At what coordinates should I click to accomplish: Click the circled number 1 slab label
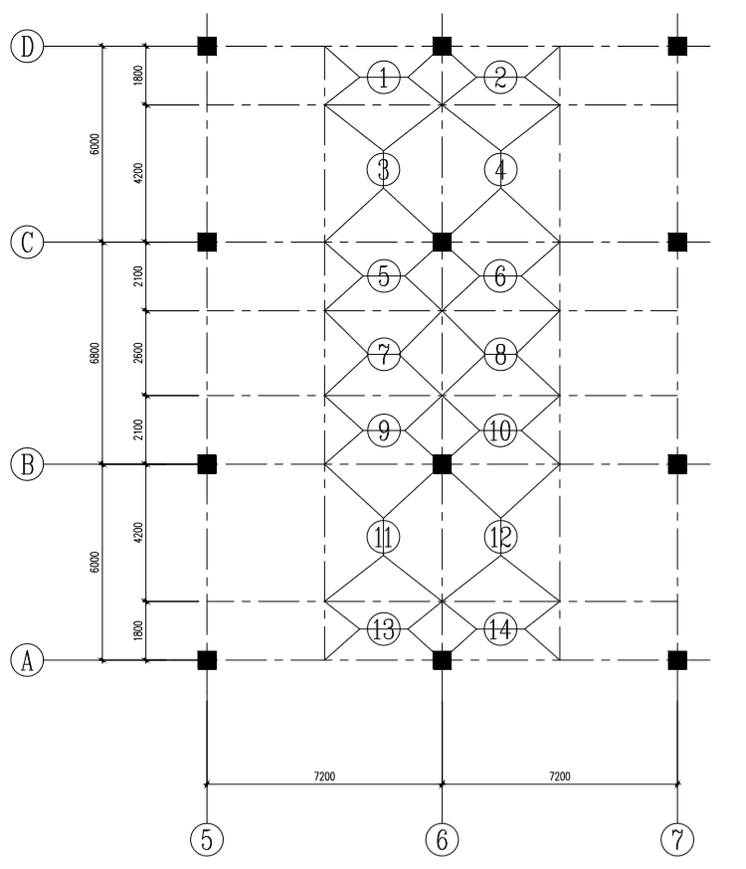383,76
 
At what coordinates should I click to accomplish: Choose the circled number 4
500,170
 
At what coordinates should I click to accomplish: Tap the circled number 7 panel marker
383,353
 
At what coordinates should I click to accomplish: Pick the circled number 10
500,431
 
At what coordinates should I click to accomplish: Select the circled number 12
500,537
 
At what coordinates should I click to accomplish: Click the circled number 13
383,627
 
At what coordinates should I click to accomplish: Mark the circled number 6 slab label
500,276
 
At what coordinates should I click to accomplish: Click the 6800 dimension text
94,353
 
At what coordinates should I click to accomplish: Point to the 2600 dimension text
138,353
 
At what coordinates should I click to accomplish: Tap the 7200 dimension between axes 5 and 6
323,775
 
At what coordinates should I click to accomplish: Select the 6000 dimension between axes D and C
94,144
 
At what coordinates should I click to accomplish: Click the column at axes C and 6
443,242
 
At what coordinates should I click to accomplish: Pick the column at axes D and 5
206,46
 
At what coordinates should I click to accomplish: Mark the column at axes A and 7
677,659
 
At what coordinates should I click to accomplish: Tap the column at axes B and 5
206,463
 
